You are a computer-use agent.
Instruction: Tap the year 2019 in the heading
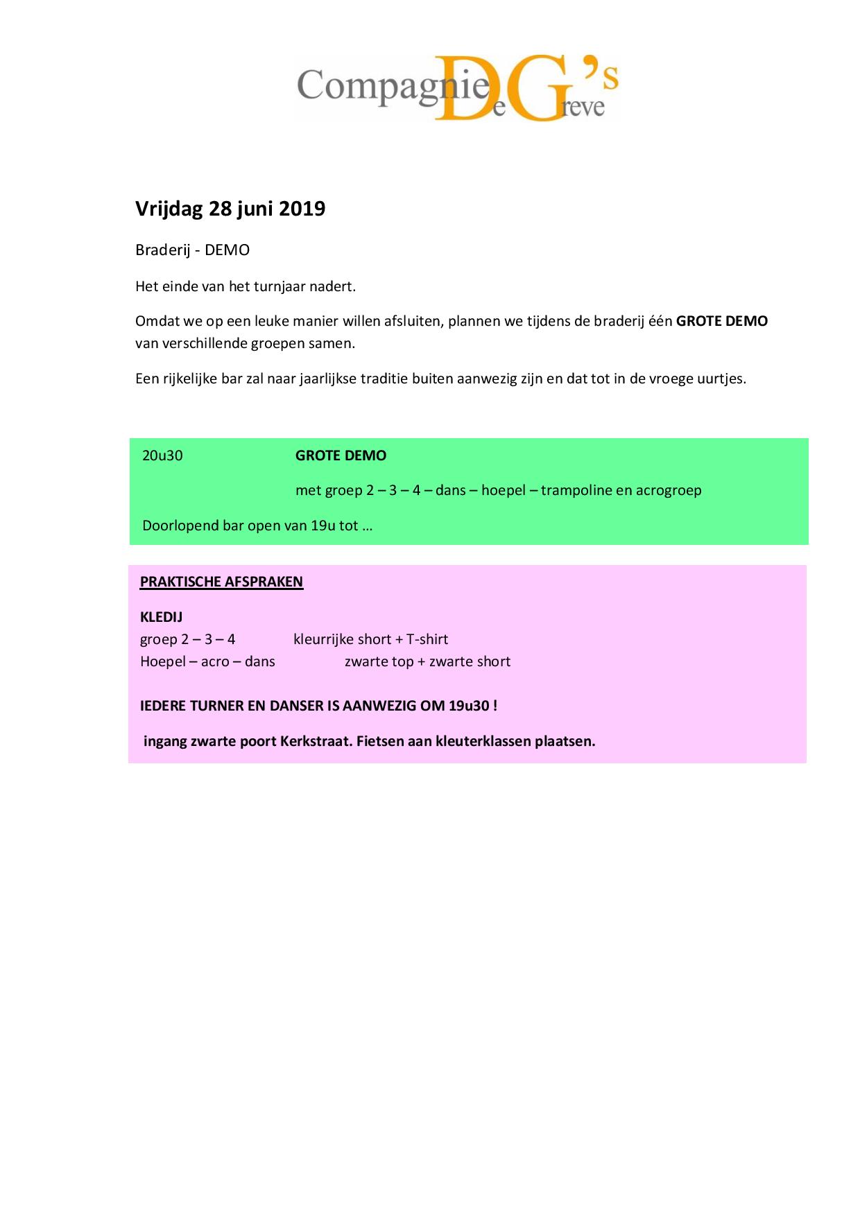point(302,209)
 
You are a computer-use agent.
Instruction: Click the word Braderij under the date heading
point(162,250)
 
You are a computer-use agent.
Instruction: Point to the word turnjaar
point(279,286)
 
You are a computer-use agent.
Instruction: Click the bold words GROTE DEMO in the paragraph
point(721,321)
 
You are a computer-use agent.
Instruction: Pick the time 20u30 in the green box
point(162,455)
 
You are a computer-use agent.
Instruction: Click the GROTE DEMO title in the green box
point(341,455)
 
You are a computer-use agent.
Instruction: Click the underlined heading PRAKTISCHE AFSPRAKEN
point(221,582)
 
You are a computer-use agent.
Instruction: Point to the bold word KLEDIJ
point(161,617)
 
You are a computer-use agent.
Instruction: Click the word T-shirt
point(427,639)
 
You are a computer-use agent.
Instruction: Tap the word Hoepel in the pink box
point(162,661)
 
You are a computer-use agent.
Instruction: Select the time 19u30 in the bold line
point(468,706)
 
